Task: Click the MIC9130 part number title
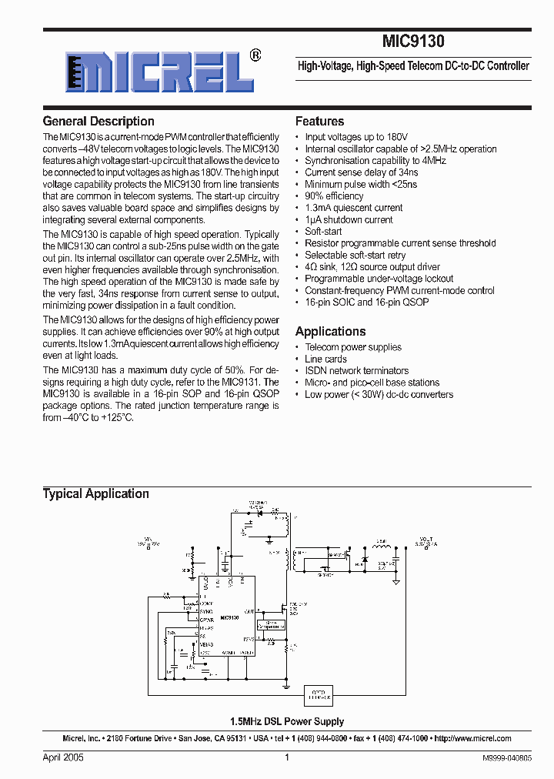point(413,42)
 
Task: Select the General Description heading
point(98,121)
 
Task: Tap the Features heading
point(319,121)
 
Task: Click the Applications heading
point(330,331)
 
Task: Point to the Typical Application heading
point(95,493)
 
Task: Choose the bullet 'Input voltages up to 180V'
point(356,137)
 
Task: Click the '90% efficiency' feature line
point(334,196)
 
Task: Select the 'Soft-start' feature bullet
point(323,231)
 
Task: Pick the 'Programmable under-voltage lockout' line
point(379,279)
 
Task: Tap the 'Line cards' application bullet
point(325,359)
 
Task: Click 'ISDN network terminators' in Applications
point(356,370)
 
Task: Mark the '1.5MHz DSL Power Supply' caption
point(287,721)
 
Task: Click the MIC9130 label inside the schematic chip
point(229,618)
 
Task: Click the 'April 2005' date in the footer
point(63,757)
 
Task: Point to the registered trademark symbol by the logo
point(256,55)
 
